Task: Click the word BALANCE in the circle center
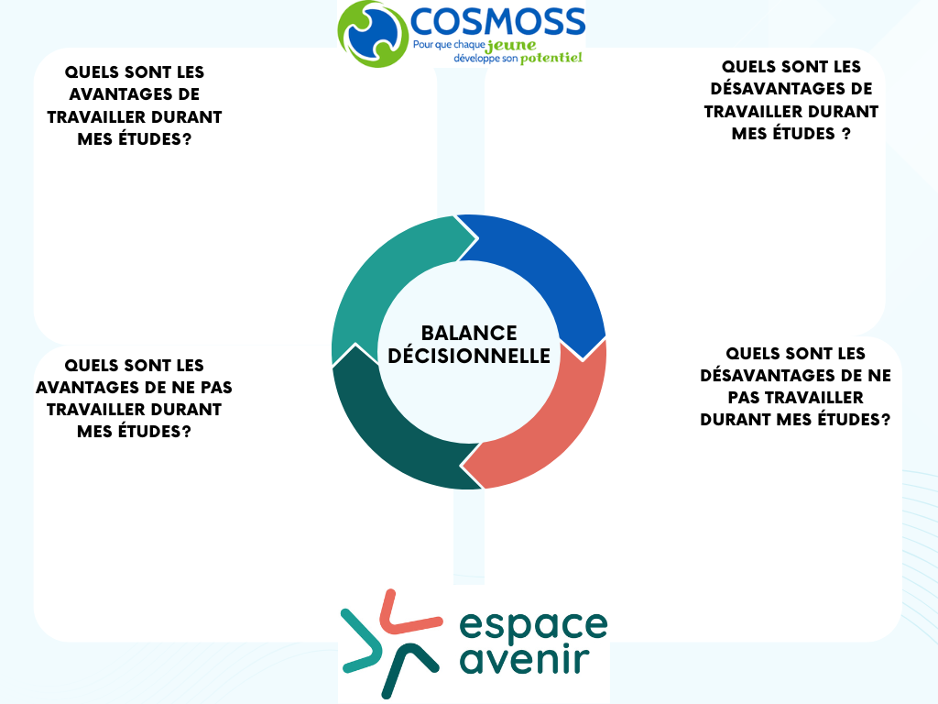(x=469, y=333)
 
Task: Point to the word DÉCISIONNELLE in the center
(x=469, y=356)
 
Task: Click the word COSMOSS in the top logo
(x=497, y=22)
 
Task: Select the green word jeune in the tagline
(x=511, y=46)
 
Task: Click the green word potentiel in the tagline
(x=551, y=58)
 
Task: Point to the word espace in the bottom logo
(x=533, y=626)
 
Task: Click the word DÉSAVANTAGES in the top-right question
(x=791, y=89)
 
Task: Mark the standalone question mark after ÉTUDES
(x=845, y=134)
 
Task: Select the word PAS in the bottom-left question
(x=216, y=388)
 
